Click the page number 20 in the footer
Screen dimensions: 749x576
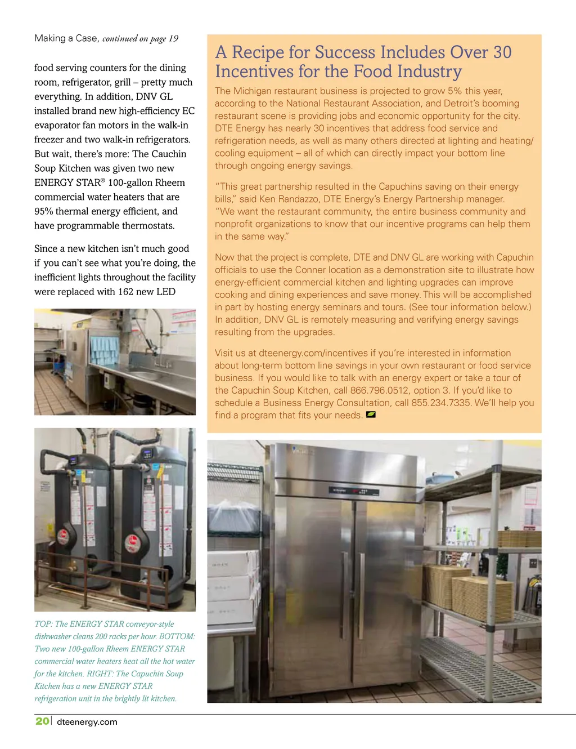point(42,721)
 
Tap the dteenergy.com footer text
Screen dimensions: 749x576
point(87,722)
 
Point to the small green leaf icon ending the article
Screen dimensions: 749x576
point(371,415)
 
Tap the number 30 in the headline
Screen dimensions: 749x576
point(502,52)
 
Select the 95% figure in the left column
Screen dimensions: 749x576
point(44,211)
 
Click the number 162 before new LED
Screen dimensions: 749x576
point(126,292)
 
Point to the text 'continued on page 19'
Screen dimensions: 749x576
point(140,38)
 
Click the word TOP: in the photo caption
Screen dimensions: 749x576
point(43,624)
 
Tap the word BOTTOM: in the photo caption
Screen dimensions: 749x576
point(177,636)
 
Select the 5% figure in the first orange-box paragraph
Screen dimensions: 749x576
point(454,91)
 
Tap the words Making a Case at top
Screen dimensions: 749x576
point(66,38)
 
